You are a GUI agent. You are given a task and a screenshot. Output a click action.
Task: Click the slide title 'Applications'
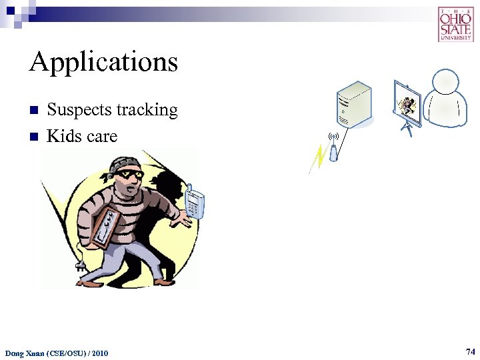pyautogui.click(x=103, y=63)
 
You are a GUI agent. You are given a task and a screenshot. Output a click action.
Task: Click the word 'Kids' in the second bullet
pyautogui.click(x=63, y=136)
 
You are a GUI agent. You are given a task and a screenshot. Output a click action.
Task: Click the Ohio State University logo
pyautogui.click(x=455, y=24)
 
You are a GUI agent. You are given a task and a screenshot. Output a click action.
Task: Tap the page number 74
pyautogui.click(x=470, y=351)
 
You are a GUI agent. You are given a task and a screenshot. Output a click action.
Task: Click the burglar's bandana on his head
pyautogui.click(x=124, y=163)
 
